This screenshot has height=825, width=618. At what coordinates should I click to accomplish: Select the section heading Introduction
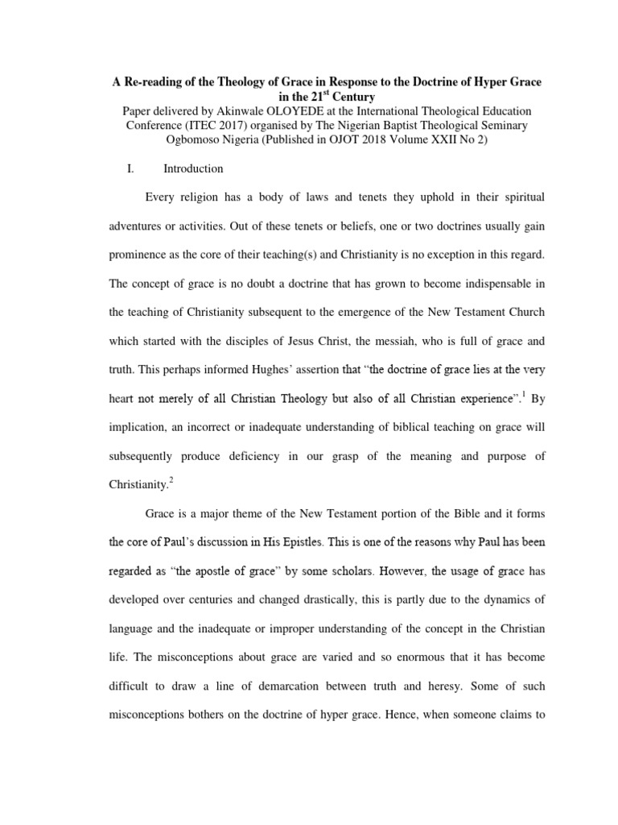point(193,169)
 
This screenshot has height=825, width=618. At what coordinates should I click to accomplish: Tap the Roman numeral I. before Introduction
point(113,169)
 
